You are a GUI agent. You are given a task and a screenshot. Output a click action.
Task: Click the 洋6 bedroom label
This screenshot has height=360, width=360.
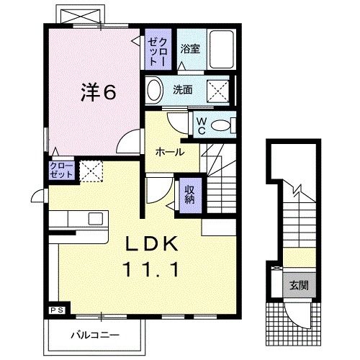pyautogui.click(x=99, y=91)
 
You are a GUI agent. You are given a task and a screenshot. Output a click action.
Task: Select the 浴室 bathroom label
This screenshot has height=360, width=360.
pyautogui.click(x=190, y=49)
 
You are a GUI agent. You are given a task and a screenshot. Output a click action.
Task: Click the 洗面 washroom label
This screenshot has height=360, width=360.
pyautogui.click(x=183, y=91)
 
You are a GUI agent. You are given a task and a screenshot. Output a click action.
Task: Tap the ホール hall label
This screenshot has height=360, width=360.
pyautogui.click(x=170, y=152)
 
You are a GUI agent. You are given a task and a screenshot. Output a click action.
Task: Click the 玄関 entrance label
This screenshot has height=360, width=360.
pyautogui.click(x=297, y=283)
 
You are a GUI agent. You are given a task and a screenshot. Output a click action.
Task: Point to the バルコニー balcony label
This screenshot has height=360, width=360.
pyautogui.click(x=96, y=333)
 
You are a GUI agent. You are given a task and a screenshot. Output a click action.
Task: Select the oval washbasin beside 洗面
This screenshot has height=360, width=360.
pyautogui.click(x=153, y=91)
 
